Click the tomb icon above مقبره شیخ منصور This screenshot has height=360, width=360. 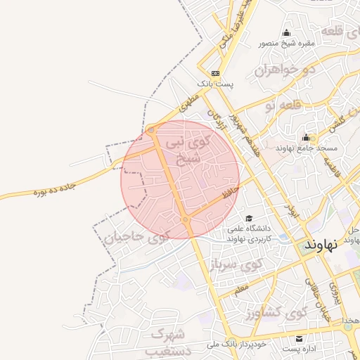point(286,33)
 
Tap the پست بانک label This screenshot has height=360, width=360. point(214,84)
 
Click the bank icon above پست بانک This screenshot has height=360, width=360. point(214,73)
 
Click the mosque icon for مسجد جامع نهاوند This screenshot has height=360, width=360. point(306,138)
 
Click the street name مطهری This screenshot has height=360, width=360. point(188,103)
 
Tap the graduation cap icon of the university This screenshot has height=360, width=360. point(248,218)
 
